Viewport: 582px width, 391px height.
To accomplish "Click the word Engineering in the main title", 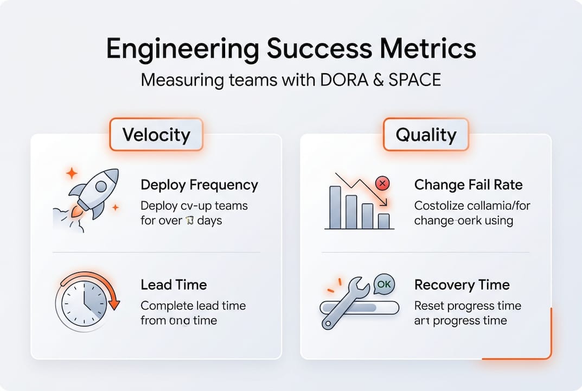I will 182,49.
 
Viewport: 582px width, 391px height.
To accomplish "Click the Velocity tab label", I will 156,134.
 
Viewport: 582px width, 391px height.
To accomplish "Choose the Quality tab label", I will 426,134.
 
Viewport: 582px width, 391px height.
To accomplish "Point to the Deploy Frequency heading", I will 199,185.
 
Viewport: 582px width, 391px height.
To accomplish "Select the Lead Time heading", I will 174,285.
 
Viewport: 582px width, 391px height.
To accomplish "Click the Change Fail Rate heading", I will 468,185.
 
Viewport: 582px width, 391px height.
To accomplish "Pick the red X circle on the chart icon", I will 382,184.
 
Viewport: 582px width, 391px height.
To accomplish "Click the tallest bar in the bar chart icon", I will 335,207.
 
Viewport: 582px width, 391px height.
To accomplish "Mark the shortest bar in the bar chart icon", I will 383,220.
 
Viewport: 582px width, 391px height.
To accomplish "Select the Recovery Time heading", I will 462,285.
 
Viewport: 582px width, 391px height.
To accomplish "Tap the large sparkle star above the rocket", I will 72,173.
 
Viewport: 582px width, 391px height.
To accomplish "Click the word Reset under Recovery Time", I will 429,306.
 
